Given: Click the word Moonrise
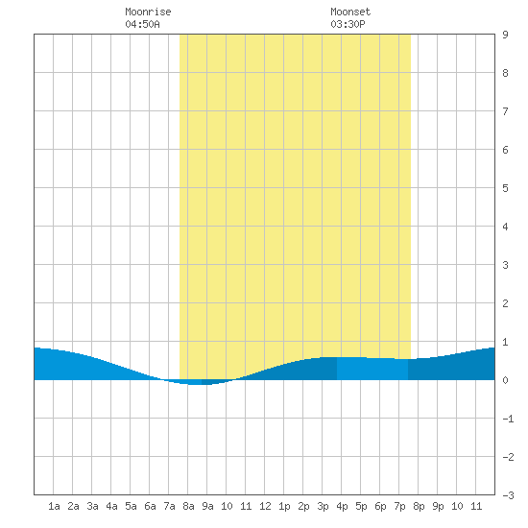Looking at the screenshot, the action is click(148, 12).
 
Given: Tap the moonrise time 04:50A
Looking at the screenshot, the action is click(142, 24).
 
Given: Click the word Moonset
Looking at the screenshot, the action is click(350, 12).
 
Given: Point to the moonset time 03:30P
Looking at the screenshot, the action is click(348, 24).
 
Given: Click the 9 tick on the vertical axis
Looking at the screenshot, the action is click(505, 35).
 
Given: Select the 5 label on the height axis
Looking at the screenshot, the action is click(505, 188).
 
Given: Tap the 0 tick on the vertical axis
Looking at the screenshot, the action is click(505, 380).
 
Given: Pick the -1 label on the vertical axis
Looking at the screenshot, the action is click(508, 419).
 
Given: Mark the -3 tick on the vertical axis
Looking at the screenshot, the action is click(508, 495).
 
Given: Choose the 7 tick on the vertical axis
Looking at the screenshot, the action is click(505, 111).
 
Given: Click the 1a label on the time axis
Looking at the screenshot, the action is click(54, 506).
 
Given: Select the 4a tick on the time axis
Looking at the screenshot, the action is click(111, 506).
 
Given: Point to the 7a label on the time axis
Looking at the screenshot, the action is click(169, 506).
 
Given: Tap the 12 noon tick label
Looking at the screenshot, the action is click(265, 506).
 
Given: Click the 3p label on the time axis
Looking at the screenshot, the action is click(323, 506).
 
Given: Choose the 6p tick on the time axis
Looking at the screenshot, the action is click(380, 506).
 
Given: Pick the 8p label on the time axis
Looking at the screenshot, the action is click(419, 506).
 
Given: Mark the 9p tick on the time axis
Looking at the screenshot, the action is click(438, 506).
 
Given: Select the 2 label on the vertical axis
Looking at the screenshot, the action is click(505, 303).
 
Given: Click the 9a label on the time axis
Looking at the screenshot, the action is click(207, 506).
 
